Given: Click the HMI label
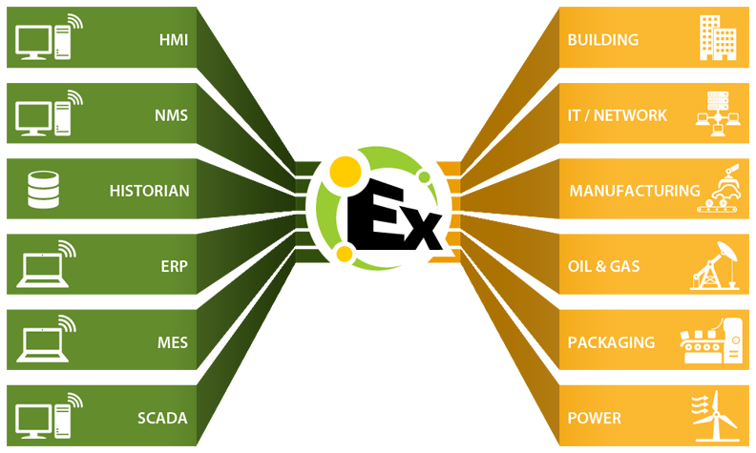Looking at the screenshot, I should (173, 40).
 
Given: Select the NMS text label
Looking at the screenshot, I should (172, 115).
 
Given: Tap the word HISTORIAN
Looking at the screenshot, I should (149, 191).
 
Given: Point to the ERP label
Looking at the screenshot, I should (174, 267).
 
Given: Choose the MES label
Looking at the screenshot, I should (172, 342).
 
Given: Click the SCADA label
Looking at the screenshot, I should (162, 418).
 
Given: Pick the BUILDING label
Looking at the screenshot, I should (602, 40).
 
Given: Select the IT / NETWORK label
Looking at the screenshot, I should (617, 115).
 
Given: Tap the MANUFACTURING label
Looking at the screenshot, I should (634, 191).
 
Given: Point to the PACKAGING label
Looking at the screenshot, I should (611, 342).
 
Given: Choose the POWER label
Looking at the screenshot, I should (594, 418).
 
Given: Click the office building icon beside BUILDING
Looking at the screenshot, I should (717, 38).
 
